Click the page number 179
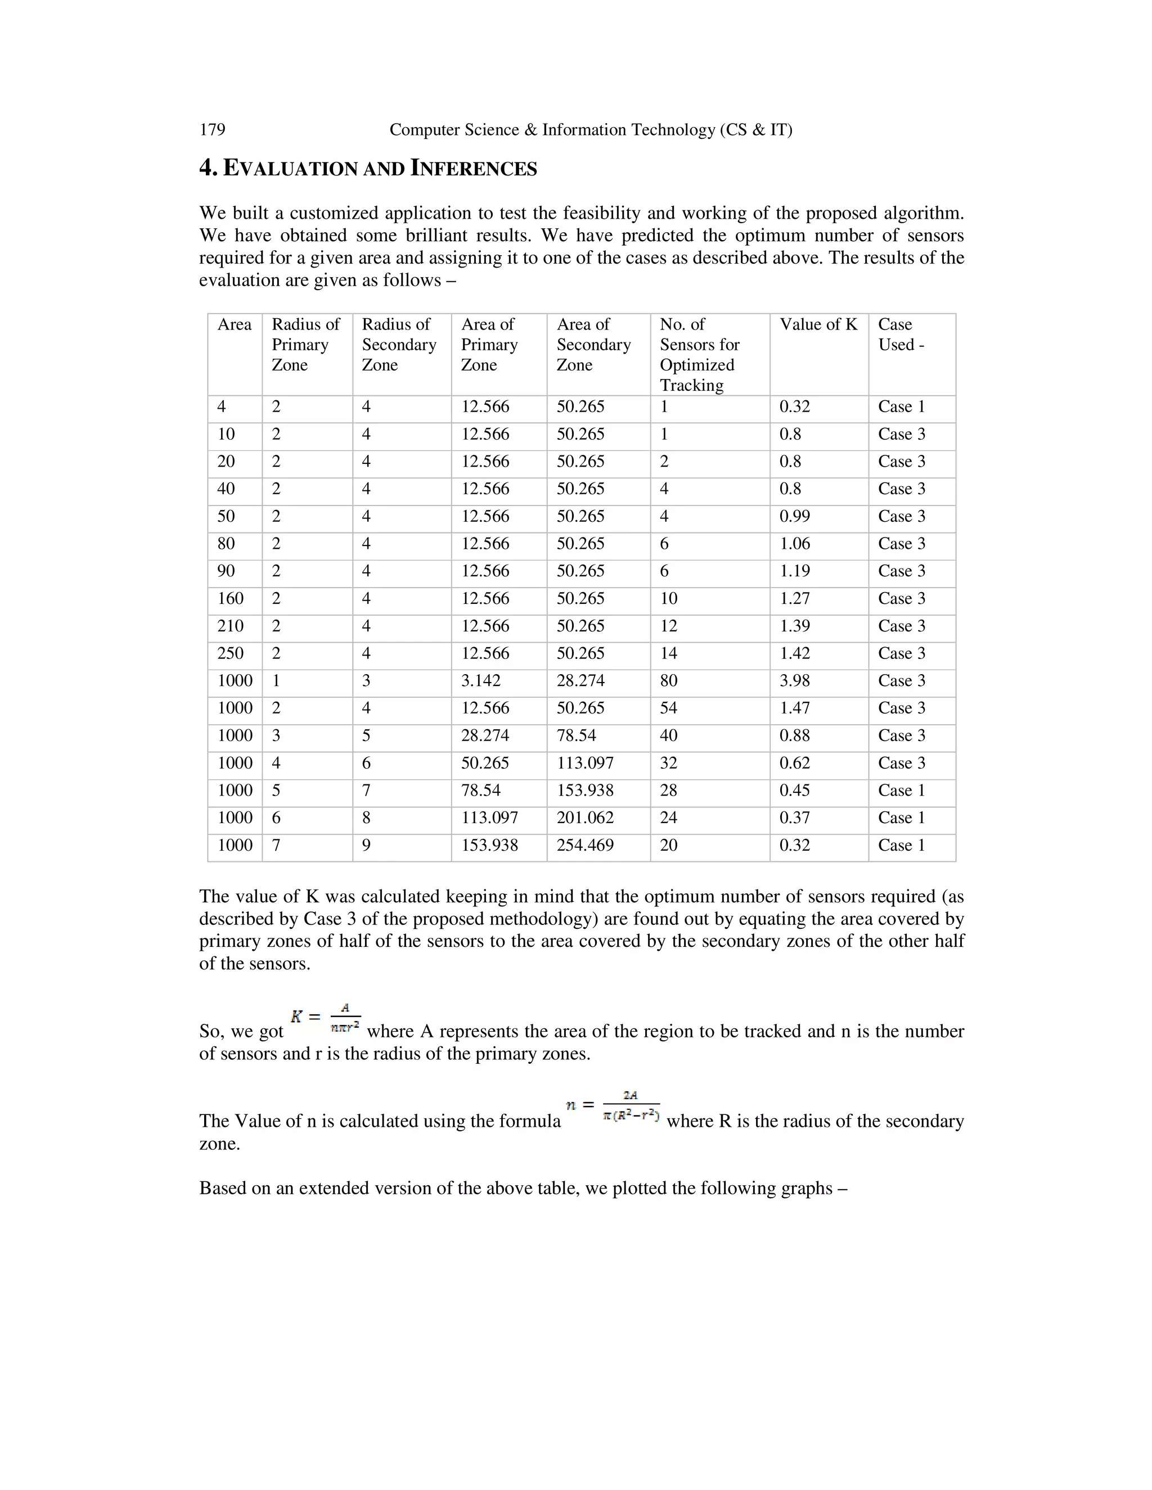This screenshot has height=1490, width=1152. (212, 130)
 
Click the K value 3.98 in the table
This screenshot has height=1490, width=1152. (794, 681)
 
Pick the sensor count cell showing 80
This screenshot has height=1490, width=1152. (668, 681)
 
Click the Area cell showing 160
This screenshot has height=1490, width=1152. (230, 598)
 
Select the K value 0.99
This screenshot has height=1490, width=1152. (794, 517)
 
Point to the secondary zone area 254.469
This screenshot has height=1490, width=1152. (585, 845)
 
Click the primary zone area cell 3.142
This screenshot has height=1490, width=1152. (480, 681)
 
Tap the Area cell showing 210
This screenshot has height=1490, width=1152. (230, 626)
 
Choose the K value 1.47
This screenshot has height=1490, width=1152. (794, 708)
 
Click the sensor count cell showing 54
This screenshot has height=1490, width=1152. (668, 708)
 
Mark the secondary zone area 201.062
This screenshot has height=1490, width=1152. (585, 818)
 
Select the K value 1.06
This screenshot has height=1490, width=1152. (794, 544)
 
